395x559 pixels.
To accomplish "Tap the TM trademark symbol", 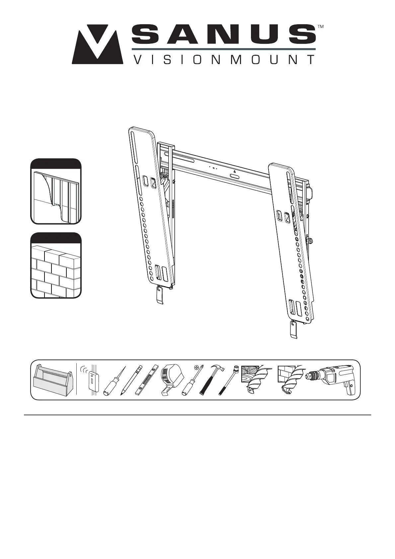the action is point(320,27).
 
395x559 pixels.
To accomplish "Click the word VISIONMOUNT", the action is point(223,60).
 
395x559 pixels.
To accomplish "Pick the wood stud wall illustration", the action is point(56,192).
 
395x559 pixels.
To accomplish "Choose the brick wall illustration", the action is point(56,266).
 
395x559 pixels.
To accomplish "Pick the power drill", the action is point(332,378).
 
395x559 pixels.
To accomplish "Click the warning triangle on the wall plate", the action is point(234,172).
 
